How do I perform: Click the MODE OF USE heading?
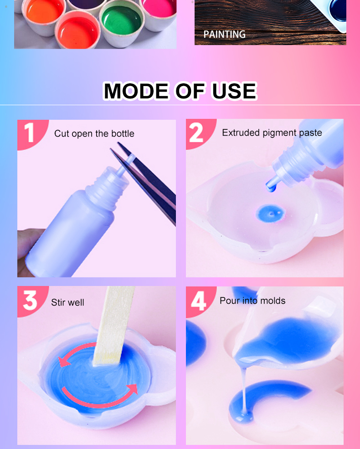tap(180, 91)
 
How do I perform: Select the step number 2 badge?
tap(199, 133)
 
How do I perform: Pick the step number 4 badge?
tap(199, 301)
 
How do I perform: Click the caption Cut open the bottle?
tap(94, 133)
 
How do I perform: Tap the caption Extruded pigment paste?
tap(272, 133)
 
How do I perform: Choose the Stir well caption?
tap(67, 302)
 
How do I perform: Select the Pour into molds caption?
tap(252, 301)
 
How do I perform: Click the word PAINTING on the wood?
tap(224, 34)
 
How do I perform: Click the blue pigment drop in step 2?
tap(270, 213)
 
